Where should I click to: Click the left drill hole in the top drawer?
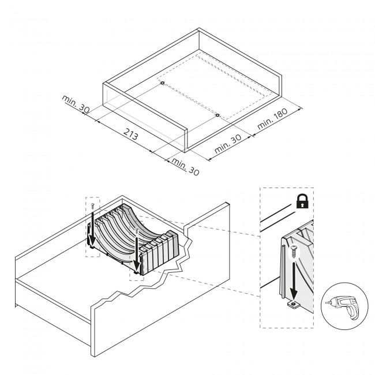click(163, 84)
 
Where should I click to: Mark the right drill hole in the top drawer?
click(217, 115)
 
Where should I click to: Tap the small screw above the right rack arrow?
click(137, 231)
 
